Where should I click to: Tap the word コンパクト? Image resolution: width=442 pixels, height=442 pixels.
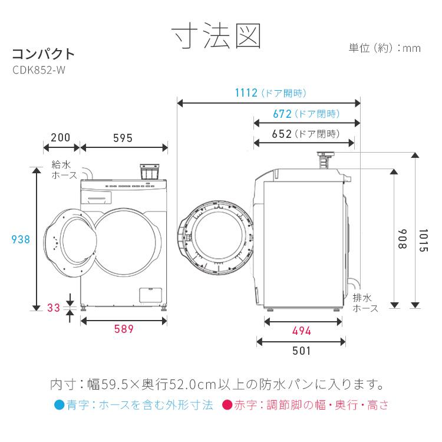44,54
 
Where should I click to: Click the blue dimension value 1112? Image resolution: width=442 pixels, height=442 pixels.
246,93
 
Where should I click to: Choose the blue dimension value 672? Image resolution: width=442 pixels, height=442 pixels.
282,114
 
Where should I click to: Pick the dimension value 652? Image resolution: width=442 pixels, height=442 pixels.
282,134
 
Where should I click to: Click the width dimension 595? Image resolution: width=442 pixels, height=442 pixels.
123,138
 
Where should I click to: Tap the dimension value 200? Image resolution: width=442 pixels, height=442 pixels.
61,138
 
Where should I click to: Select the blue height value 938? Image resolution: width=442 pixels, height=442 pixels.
21,239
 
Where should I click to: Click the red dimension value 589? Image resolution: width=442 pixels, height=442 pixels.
124,329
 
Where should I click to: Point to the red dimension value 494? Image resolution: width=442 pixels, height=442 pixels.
301,331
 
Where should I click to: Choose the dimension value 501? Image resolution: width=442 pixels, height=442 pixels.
301,351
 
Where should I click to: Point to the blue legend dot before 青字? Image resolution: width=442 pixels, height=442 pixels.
58,406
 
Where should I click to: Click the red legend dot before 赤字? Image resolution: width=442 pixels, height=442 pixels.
226,406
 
